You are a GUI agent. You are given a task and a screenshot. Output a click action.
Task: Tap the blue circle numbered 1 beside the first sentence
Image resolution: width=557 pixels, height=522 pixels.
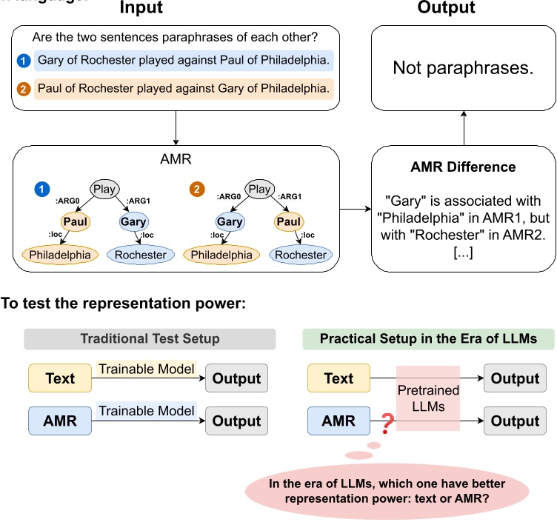(x=25, y=60)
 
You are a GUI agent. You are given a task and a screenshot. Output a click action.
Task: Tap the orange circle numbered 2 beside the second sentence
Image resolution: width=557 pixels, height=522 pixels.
(x=25, y=90)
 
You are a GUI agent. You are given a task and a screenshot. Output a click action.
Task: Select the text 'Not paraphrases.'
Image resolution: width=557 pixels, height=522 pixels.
(x=463, y=69)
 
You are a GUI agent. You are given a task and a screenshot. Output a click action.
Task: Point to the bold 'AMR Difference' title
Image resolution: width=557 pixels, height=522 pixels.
(x=464, y=167)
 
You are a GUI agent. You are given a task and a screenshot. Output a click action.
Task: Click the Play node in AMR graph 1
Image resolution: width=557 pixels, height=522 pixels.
(x=104, y=190)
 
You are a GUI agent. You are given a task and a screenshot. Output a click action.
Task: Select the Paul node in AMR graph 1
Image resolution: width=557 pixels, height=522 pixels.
(x=75, y=222)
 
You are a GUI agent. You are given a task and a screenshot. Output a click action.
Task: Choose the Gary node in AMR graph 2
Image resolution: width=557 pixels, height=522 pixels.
(x=230, y=222)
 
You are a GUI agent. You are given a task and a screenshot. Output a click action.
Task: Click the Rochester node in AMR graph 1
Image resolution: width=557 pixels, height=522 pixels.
(x=141, y=255)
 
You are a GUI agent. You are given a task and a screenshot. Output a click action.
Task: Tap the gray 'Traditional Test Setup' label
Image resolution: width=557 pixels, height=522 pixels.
(x=150, y=339)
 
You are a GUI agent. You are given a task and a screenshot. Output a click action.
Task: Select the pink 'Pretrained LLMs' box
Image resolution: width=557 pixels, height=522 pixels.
(x=428, y=398)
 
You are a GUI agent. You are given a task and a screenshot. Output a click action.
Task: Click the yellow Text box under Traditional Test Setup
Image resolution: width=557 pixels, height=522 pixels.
(x=59, y=378)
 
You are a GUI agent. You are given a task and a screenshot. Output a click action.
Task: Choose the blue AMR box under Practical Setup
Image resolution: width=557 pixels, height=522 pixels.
(x=338, y=421)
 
